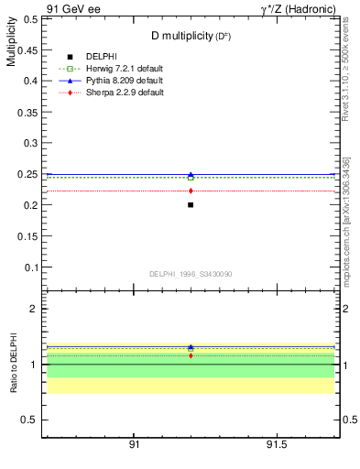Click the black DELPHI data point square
pos(191,204)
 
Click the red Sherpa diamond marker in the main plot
pos(191,191)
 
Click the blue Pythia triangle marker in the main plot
pos(191,174)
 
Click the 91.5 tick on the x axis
pos(278,445)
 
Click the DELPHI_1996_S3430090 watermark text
pos(190,274)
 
